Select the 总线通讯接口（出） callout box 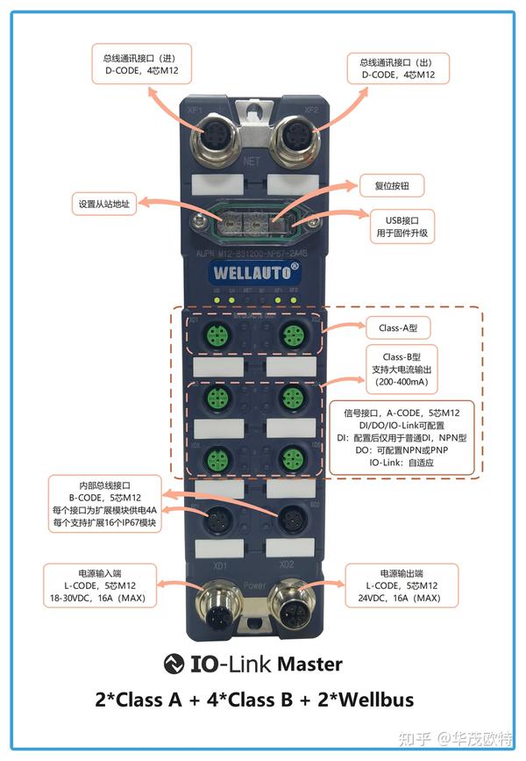click(x=397, y=68)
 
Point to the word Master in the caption click(x=309, y=664)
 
